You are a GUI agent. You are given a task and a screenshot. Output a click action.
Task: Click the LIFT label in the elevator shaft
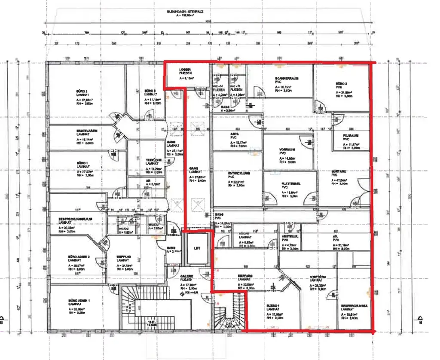click(x=197, y=248)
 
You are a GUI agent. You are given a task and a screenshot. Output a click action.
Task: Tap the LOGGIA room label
click(x=186, y=70)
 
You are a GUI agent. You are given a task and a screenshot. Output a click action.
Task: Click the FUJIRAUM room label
click(x=351, y=135)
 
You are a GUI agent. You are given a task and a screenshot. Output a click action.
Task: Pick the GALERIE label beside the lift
click(x=187, y=276)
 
